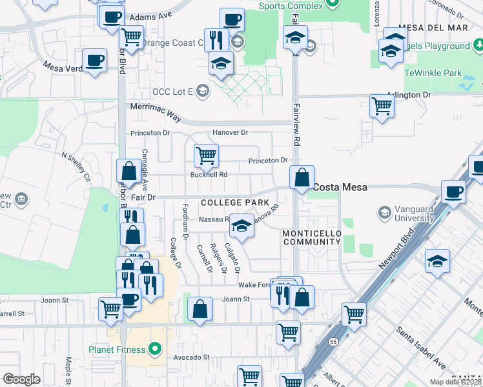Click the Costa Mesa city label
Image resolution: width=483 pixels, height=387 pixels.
[340, 187]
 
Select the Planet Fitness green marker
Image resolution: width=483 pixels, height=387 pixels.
[154, 350]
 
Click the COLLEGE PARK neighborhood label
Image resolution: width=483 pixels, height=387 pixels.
[234, 203]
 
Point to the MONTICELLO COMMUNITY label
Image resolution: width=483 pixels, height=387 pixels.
[311, 237]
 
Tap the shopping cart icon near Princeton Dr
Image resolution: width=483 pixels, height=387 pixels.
[206, 155]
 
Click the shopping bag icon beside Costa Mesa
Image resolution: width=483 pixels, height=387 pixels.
[302, 177]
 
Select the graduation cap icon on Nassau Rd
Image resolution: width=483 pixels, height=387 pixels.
[241, 226]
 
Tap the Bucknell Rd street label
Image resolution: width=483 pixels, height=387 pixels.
[209, 174]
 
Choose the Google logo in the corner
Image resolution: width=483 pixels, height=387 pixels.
[21, 379]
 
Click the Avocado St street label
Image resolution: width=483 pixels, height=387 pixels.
[191, 357]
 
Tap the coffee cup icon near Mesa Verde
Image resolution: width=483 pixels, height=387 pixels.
[95, 61]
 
